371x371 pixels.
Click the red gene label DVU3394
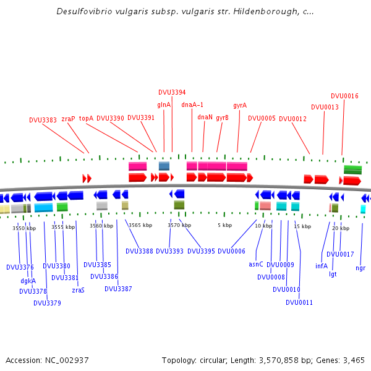tap(172, 92)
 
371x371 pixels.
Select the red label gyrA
tap(240, 105)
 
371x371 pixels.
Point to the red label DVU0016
tap(344, 96)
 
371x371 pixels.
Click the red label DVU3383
tap(43, 120)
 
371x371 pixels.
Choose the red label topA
tap(86, 118)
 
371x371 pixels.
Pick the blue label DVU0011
tap(299, 302)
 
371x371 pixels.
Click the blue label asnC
tap(256, 264)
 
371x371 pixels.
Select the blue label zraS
tap(78, 289)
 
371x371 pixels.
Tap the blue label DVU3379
tap(47, 303)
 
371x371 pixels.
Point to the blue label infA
tap(322, 266)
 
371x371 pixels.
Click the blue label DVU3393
tap(169, 251)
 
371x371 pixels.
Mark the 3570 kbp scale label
tap(178, 225)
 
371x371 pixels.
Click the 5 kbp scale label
tap(224, 225)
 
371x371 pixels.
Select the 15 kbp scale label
tap(302, 226)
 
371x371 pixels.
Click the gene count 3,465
tap(352, 360)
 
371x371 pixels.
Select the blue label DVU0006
tap(231, 251)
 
